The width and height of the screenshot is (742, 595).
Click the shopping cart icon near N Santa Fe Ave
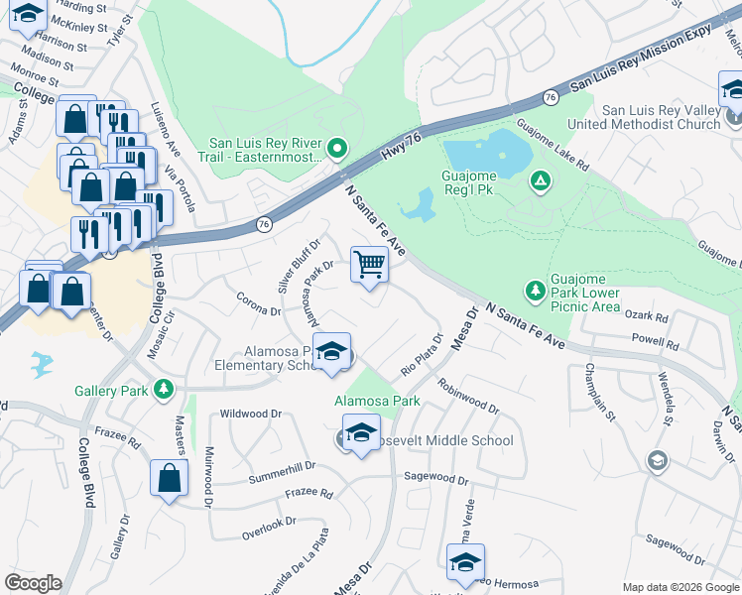click(369, 265)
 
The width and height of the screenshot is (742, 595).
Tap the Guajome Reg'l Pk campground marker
click(540, 180)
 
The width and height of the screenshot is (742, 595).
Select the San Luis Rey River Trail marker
click(337, 150)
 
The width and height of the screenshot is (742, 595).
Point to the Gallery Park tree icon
click(165, 390)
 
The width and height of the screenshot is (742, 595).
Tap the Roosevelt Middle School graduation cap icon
click(361, 433)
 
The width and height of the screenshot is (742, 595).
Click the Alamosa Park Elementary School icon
click(332, 352)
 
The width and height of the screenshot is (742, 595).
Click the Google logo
click(33, 583)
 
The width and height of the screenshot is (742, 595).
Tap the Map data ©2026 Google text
click(680, 587)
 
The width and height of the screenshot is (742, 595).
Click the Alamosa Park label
click(377, 401)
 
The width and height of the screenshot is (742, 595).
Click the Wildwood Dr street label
click(251, 413)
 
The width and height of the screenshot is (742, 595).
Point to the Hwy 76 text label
click(403, 150)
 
